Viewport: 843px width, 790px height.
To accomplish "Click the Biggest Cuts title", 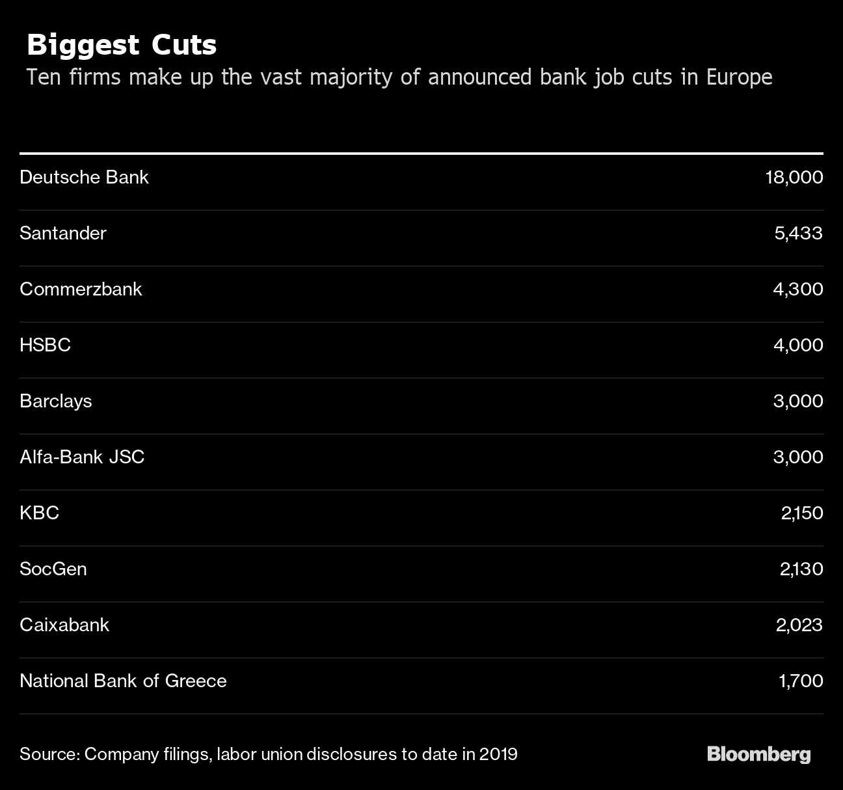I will point(122,45).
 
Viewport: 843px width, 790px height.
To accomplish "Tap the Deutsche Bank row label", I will point(84,177).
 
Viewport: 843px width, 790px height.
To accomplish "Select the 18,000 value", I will point(794,177).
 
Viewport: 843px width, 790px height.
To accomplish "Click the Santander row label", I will point(63,233).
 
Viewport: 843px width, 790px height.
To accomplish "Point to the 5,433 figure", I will point(798,233).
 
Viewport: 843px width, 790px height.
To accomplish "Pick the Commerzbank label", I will point(81,289).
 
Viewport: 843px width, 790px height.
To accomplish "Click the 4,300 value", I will point(797,289).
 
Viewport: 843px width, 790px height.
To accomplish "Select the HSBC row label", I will point(45,345).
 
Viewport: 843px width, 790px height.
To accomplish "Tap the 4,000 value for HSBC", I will point(797,345).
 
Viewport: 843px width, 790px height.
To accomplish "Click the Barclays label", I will point(56,401).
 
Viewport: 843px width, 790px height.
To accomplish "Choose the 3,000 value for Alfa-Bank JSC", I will point(797,457).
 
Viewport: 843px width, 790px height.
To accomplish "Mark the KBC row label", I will point(39,513).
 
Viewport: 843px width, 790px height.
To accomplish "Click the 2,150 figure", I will point(801,513).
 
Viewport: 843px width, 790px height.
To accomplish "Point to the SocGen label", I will point(53,569).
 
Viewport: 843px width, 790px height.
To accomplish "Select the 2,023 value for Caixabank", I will point(799,625).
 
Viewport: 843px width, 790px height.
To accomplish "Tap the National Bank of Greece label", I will point(123,681).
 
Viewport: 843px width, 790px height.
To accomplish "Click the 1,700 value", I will point(800,681).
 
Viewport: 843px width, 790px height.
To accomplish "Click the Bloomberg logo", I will point(758,754).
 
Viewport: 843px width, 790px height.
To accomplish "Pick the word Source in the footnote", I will point(49,754).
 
